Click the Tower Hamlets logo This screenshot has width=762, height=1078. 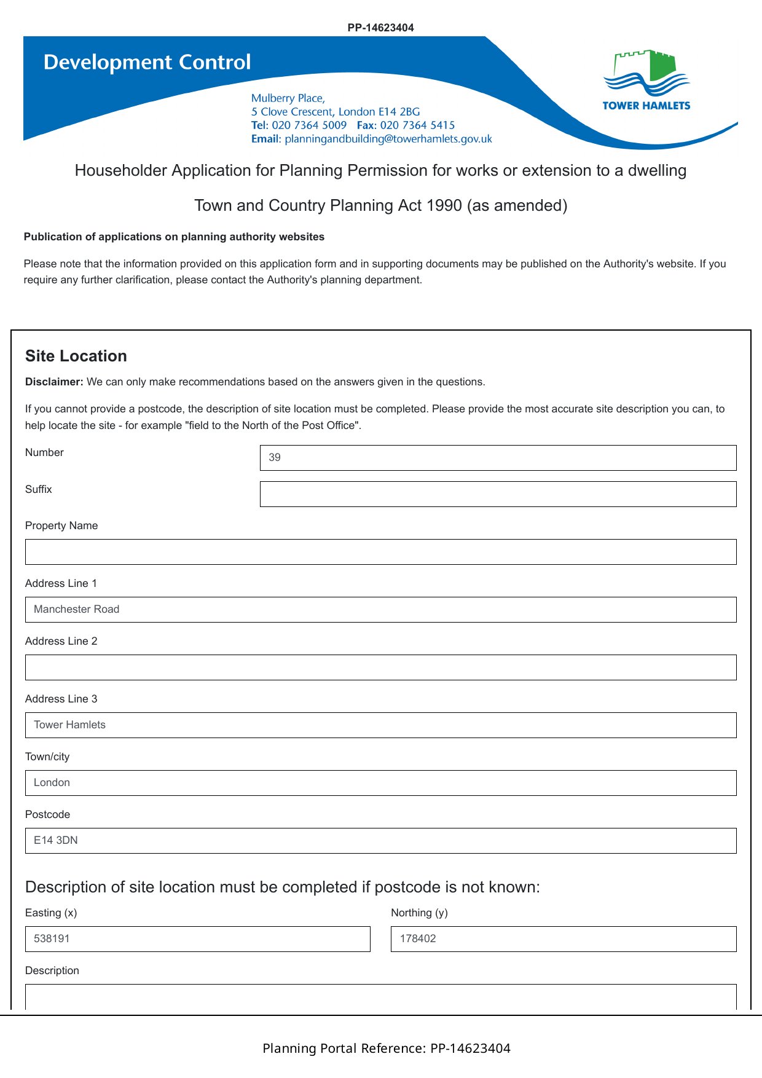coord(646,81)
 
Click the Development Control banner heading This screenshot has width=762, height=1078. coord(147,62)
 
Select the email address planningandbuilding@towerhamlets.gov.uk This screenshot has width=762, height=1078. coord(388,139)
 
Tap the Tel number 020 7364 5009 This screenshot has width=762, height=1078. coord(309,125)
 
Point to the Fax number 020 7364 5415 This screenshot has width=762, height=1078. coord(417,125)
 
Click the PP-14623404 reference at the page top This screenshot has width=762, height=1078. coord(380,28)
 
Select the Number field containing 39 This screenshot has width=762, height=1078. coord(498,458)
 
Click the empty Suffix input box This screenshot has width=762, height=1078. coord(498,494)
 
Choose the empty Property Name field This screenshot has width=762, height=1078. coord(380,552)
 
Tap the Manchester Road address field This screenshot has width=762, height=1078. coord(380,610)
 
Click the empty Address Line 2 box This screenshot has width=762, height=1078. coord(380,667)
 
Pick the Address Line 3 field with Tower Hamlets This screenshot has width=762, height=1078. coord(380,725)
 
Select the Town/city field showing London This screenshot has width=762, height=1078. coord(380,783)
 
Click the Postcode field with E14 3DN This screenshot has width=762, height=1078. coord(380,841)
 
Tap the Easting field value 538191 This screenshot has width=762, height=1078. coord(197,939)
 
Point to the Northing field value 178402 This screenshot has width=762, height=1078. coord(563,939)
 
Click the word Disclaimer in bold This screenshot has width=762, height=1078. coord(54,382)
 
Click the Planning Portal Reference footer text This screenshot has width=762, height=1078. coord(387,1048)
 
